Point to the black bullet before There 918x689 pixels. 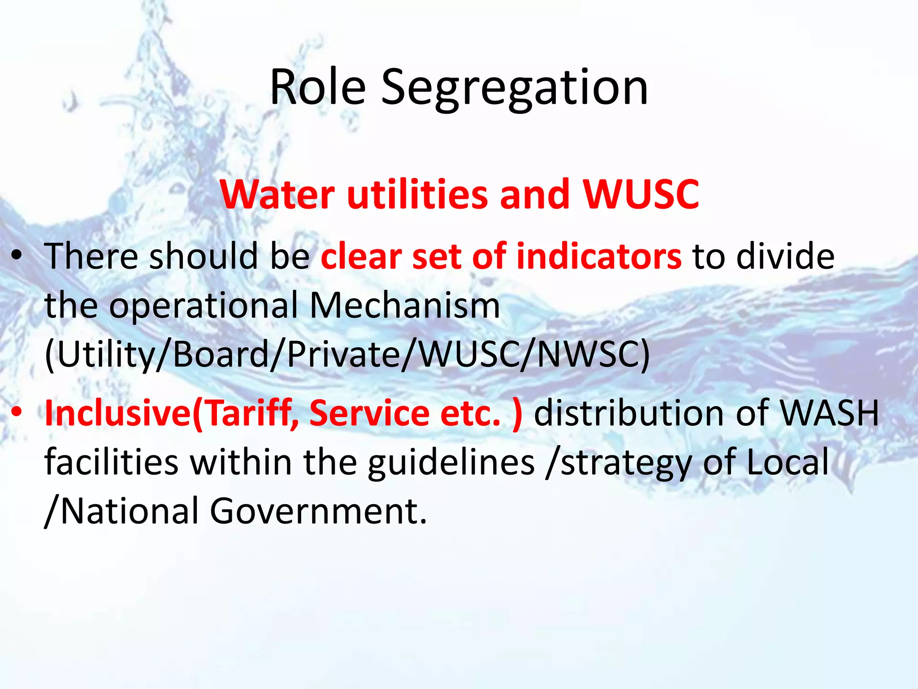click(17, 256)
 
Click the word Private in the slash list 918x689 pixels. click(343, 355)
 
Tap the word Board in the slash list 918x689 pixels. click(220, 355)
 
